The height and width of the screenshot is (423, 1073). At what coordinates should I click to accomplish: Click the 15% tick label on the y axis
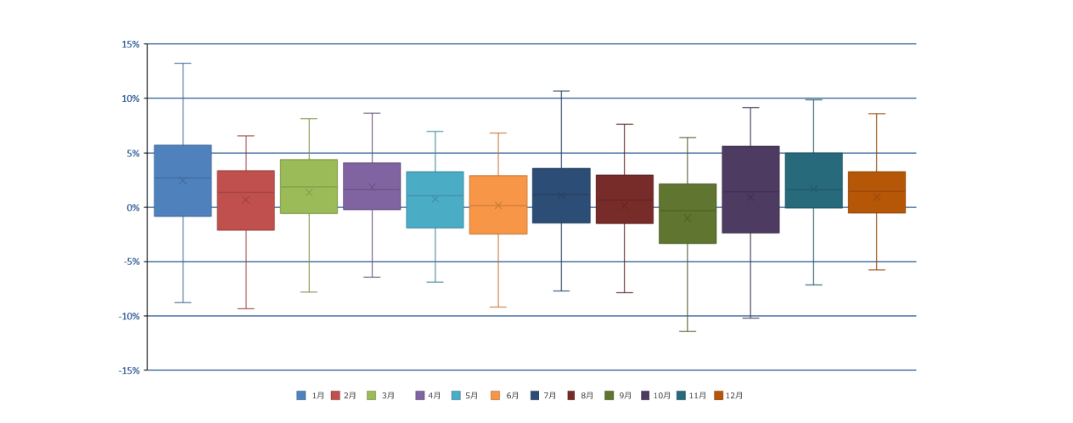(x=131, y=44)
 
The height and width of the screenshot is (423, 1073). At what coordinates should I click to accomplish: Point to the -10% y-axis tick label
(x=129, y=316)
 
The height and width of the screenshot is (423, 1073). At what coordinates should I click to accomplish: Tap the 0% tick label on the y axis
(x=132, y=207)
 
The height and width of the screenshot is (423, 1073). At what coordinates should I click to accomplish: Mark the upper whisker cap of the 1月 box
(x=183, y=64)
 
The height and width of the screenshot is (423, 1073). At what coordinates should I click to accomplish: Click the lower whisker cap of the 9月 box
(x=688, y=331)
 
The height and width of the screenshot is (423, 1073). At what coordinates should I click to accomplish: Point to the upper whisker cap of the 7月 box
(x=561, y=91)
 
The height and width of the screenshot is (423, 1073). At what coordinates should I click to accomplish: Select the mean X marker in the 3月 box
(x=309, y=192)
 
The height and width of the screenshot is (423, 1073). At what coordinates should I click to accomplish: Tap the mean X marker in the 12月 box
(x=877, y=197)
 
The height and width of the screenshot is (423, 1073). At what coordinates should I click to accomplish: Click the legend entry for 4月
(x=429, y=396)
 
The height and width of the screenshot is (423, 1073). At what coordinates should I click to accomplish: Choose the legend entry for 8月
(x=581, y=396)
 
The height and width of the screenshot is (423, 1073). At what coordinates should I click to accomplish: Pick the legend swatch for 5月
(x=456, y=396)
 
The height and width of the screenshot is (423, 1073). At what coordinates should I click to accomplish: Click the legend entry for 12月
(x=728, y=396)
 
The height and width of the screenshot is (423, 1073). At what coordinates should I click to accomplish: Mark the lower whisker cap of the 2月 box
(x=245, y=308)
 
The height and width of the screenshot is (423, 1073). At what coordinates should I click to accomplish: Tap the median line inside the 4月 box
(x=372, y=189)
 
